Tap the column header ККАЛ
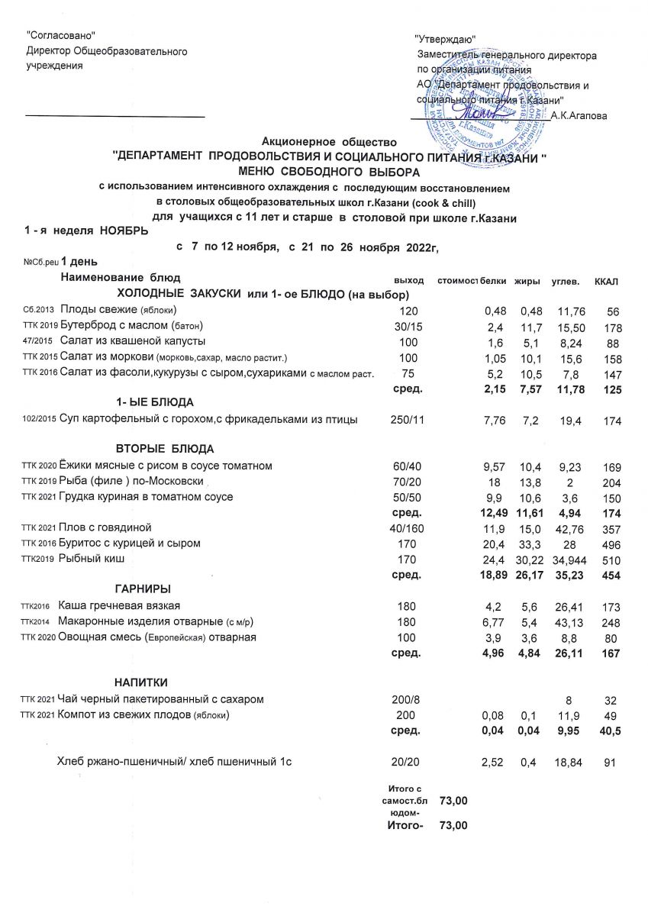(x=605, y=283)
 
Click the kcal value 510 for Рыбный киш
(x=608, y=560)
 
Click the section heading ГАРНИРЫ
(x=142, y=589)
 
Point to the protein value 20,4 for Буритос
(x=495, y=543)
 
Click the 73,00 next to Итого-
(x=453, y=826)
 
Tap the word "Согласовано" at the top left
(x=61, y=35)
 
